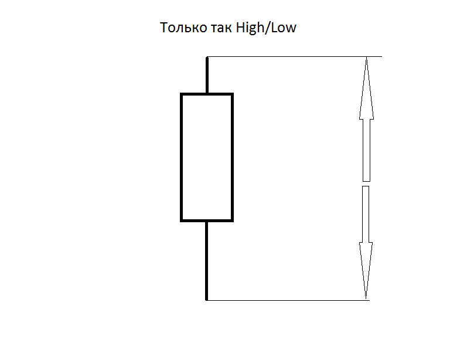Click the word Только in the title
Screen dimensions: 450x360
click(183, 28)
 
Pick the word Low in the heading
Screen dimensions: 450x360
click(284, 28)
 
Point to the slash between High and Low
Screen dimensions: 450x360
click(267, 28)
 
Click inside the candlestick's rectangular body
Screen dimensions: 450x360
click(207, 158)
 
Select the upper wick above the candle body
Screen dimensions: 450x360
click(207, 75)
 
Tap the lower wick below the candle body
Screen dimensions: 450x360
click(206, 261)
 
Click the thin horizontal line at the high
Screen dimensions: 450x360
click(295, 56)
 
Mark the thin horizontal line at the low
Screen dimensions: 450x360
click(288, 300)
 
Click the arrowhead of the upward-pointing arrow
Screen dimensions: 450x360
click(366, 88)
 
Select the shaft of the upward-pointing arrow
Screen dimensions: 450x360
click(366, 150)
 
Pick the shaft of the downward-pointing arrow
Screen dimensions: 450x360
click(366, 215)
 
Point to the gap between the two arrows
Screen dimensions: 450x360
click(366, 184)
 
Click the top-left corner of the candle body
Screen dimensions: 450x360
click(181, 94)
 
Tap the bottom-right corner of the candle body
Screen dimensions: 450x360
click(233, 221)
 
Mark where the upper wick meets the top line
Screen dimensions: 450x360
click(207, 57)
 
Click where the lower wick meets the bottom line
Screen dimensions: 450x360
click(206, 300)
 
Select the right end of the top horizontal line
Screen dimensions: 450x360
click(382, 56)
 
